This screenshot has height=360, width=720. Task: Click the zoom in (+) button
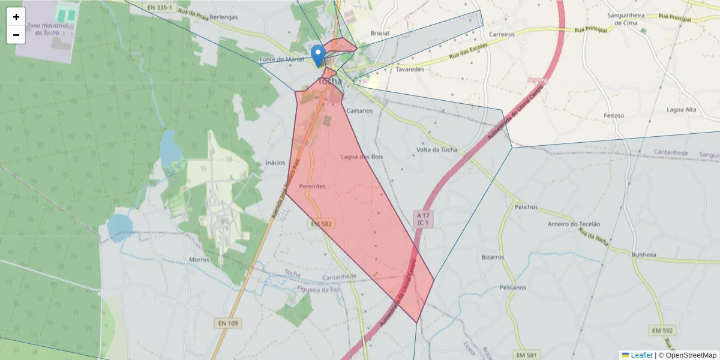(16, 17)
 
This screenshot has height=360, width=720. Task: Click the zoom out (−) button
(16, 35)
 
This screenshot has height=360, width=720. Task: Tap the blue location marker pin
(319, 55)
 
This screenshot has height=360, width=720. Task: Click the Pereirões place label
(312, 187)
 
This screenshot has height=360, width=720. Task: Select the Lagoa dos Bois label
(361, 157)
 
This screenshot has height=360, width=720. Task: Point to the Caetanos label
(359, 111)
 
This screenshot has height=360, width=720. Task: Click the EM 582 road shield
(321, 224)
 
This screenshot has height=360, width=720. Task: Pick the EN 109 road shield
(228, 323)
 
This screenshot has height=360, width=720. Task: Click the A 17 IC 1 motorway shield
(423, 218)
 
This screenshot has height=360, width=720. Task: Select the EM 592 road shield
(663, 331)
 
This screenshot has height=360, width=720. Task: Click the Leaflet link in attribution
(641, 355)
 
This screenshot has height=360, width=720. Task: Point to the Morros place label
(199, 260)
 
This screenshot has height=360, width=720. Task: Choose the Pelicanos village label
(512, 287)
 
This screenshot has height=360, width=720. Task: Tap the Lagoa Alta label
(682, 110)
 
